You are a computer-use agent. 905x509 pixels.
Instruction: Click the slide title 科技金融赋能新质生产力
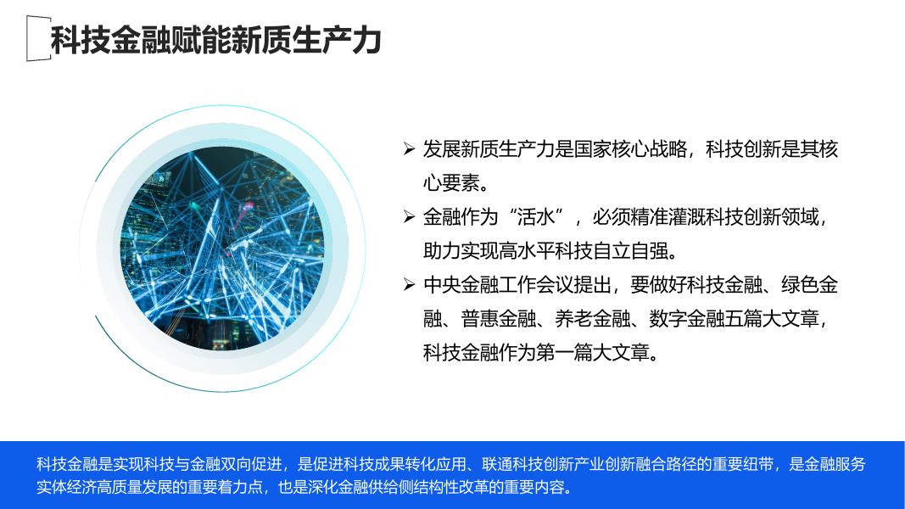[216, 40]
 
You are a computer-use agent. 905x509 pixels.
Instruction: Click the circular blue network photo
[222, 249]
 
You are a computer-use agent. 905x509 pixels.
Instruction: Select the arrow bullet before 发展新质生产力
[409, 149]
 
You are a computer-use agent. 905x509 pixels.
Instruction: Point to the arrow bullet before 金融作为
[409, 217]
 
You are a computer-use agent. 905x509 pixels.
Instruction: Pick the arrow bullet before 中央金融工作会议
[409, 284]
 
